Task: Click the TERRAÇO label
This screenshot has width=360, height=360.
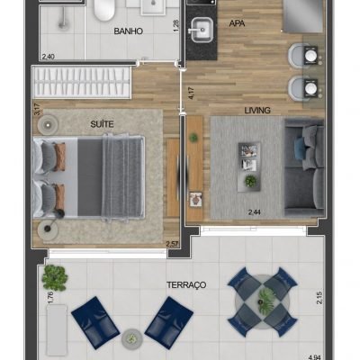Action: point(186,284)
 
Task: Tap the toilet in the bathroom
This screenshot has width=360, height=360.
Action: point(104,10)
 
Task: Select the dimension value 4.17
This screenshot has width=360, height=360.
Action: point(190,91)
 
